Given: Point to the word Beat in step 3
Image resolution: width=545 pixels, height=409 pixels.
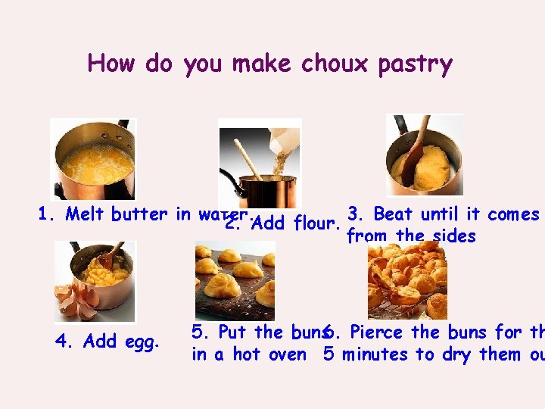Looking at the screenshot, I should tap(391, 214).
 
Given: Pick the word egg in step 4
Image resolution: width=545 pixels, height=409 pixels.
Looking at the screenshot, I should tap(143, 342).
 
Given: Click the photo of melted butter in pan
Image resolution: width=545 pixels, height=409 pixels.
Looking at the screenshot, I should tap(93, 159).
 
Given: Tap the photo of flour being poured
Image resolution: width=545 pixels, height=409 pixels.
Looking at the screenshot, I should tap(260, 162).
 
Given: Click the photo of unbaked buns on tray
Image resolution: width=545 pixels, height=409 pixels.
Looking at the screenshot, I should tap(235, 281).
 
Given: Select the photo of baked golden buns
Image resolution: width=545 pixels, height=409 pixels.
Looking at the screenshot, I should tap(407, 281).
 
